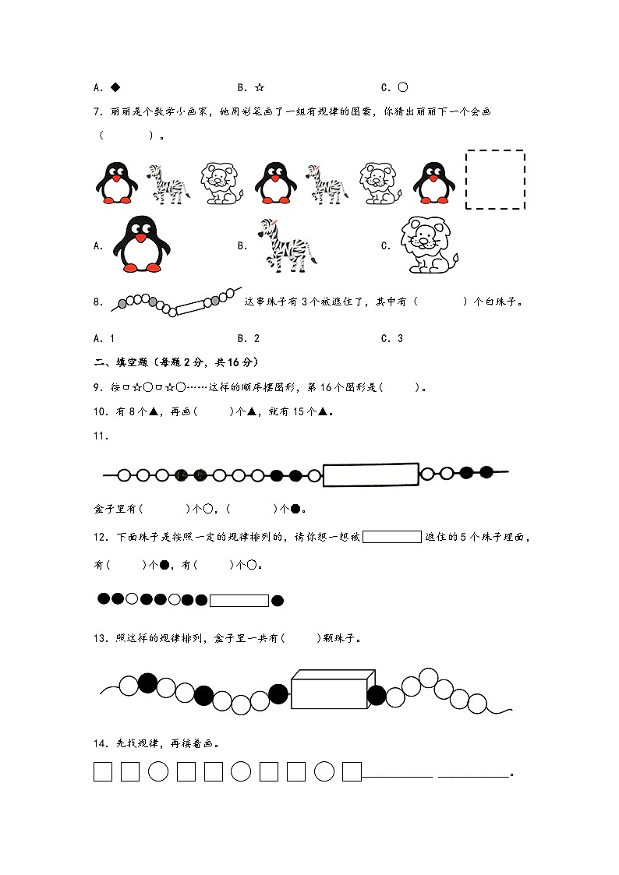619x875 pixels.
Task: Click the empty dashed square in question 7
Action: click(x=495, y=180)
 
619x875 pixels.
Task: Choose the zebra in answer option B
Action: click(x=286, y=245)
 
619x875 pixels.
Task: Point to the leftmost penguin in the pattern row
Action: click(x=116, y=182)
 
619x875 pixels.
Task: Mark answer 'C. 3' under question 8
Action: click(x=392, y=338)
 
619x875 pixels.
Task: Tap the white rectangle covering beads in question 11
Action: click(x=370, y=475)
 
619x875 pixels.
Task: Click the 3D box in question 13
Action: click(x=329, y=690)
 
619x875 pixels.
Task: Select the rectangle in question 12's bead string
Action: click(x=239, y=600)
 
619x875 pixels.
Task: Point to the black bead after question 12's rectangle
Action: click(x=277, y=600)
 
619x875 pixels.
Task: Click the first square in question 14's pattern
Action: click(x=103, y=771)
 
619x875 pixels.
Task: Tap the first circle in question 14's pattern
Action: click(x=158, y=771)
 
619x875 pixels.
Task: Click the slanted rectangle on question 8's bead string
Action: click(x=189, y=308)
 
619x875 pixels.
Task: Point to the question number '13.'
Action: click(x=100, y=638)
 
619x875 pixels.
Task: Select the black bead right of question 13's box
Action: click(x=377, y=695)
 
